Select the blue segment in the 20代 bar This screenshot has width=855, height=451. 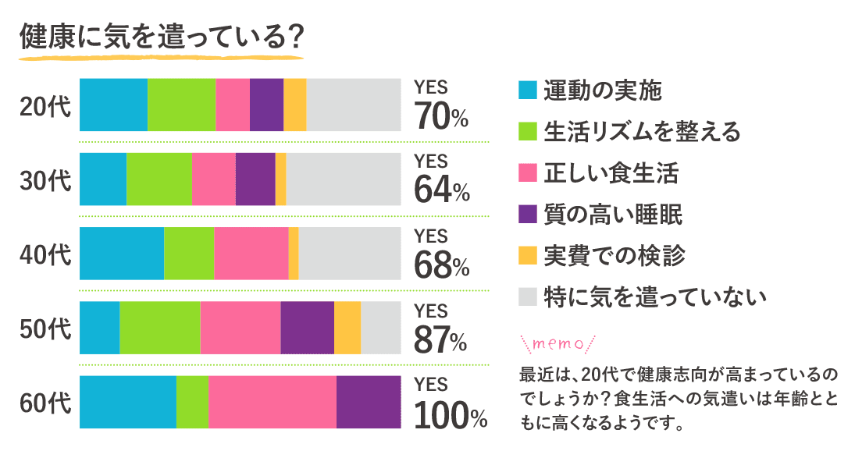(x=113, y=105)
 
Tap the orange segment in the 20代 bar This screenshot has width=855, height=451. (x=294, y=105)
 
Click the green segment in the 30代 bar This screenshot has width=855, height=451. (x=159, y=179)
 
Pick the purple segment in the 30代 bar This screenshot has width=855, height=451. (x=255, y=179)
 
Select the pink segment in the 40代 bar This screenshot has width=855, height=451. (x=251, y=253)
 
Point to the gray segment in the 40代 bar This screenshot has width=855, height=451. (x=349, y=253)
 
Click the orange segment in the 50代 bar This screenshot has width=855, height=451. (x=347, y=328)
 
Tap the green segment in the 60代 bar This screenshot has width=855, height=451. (x=192, y=402)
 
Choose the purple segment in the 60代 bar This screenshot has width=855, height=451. (x=368, y=402)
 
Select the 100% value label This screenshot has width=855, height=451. (x=450, y=414)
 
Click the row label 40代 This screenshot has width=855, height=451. (x=45, y=254)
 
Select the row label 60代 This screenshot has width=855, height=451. (x=45, y=403)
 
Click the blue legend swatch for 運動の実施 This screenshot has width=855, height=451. (x=528, y=91)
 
